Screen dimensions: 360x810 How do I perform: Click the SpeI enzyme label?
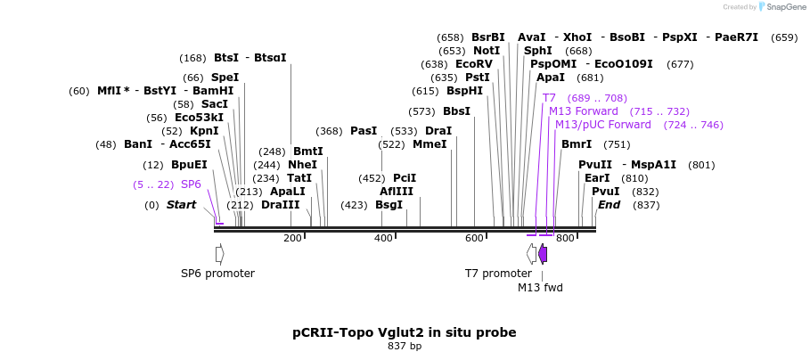pyautogui.click(x=225, y=78)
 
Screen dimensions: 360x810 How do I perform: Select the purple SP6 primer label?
pyautogui.click(x=191, y=184)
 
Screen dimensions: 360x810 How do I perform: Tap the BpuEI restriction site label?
pyautogui.click(x=189, y=165)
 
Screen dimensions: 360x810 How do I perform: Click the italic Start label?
pyautogui.click(x=181, y=205)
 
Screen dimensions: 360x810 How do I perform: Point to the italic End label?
pyautogui.click(x=609, y=205)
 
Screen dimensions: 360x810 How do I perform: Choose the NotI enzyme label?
pyautogui.click(x=487, y=51)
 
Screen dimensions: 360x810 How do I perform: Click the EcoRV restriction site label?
pyautogui.click(x=473, y=64)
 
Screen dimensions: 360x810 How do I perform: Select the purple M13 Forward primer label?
pyautogui.click(x=583, y=111)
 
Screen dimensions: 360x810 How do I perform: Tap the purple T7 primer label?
pyautogui.click(x=549, y=98)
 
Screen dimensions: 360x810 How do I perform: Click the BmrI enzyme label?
pyautogui.click(x=576, y=144)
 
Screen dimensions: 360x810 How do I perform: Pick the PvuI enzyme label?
pyautogui.click(x=606, y=192)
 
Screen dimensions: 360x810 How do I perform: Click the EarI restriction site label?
pyautogui.click(x=597, y=178)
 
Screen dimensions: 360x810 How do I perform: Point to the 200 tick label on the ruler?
pyautogui.click(x=292, y=238)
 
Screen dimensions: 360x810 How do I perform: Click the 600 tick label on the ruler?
pyautogui.click(x=474, y=238)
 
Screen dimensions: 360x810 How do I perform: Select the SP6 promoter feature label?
pyautogui.click(x=217, y=274)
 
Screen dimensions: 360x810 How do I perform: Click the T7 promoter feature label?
pyautogui.click(x=498, y=274)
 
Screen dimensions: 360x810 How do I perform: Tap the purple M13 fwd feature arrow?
pyautogui.click(x=543, y=254)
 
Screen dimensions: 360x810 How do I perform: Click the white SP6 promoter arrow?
pyautogui.click(x=219, y=254)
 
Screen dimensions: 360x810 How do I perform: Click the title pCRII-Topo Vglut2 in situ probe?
pyautogui.click(x=405, y=332)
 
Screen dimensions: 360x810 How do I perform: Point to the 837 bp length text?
pyautogui.click(x=405, y=347)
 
